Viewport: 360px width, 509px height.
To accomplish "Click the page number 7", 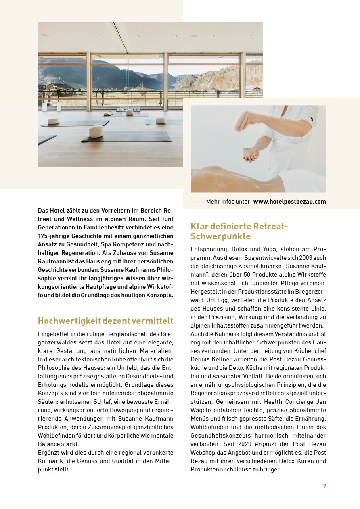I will tap(324, 487).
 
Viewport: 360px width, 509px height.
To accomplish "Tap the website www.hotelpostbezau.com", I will tap(290, 202).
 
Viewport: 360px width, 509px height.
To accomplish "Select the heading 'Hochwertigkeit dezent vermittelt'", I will tap(105, 321).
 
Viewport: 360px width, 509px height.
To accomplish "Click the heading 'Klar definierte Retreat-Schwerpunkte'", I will tap(239, 231).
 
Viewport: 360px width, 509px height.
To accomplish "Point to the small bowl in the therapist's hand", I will tap(249, 152).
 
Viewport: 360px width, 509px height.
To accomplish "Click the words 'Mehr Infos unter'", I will tap(228, 202).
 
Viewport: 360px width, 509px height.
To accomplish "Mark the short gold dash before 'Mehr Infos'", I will tap(197, 202).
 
